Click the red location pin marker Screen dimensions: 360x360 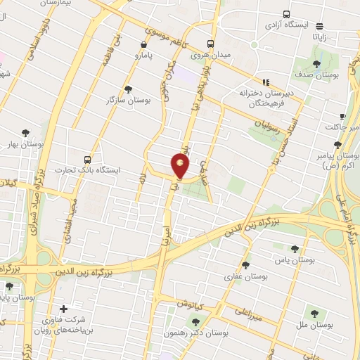coord(181,166)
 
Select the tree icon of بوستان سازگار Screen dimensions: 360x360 coord(127,89)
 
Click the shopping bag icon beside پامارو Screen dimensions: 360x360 coord(144,44)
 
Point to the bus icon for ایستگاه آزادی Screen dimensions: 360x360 coord(286,14)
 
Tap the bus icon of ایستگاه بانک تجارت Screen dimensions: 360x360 coord(87,160)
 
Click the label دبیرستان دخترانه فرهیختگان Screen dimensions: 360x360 coord(265,97)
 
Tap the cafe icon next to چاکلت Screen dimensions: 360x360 coord(342,116)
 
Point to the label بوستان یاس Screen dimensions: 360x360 coord(293,261)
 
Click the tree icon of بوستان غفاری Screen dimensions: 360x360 coord(245,265)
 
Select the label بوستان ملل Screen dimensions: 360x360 coord(314,326)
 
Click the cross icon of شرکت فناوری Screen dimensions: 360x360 coord(64,309)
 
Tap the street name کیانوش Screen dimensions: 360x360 coord(190,304)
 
